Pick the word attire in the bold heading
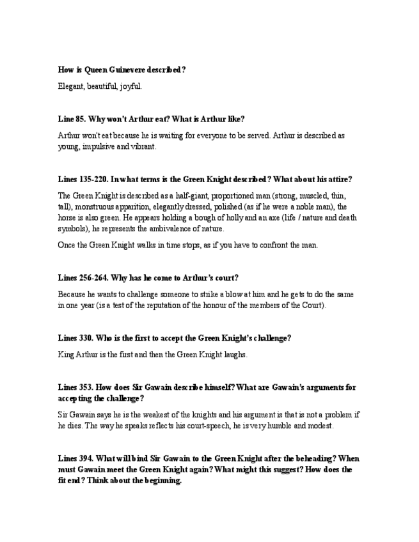click(338, 179)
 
